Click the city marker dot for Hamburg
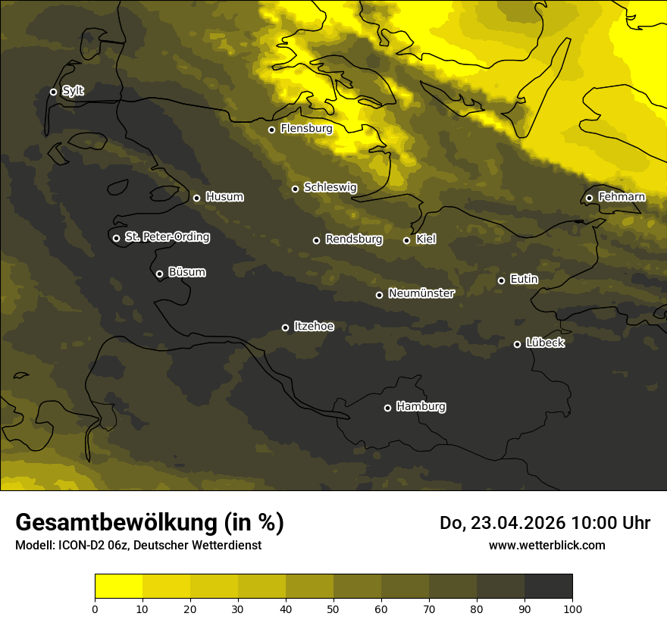click(387, 408)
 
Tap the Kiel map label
click(426, 239)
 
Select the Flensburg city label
click(306, 129)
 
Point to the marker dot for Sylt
click(53, 92)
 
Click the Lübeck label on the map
click(545, 343)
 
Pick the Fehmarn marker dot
click(589, 198)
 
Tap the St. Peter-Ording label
click(167, 237)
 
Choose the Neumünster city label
click(421, 293)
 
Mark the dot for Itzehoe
click(285, 327)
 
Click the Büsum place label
click(186, 272)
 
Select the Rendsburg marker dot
click(316, 240)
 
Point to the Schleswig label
click(330, 187)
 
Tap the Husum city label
click(224, 197)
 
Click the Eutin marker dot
click(501, 280)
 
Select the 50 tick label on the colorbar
click(333, 609)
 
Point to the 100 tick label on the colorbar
click(572, 609)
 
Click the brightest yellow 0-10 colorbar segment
click(118, 587)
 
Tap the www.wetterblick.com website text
click(546, 545)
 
